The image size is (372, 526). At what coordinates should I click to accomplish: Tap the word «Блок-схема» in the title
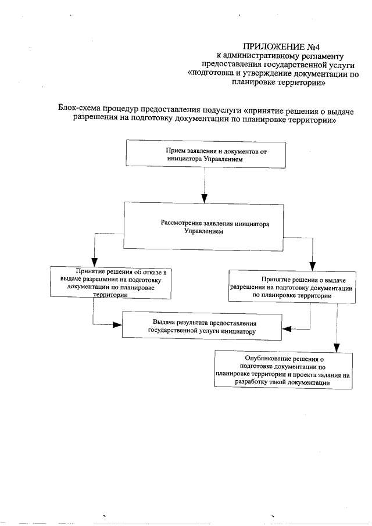[80, 109]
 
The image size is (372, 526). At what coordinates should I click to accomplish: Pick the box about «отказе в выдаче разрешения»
[110, 283]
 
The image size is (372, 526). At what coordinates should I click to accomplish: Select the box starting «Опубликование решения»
[282, 371]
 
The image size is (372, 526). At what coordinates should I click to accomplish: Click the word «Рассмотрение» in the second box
[181, 223]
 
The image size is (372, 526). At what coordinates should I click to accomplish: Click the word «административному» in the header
[260, 56]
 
